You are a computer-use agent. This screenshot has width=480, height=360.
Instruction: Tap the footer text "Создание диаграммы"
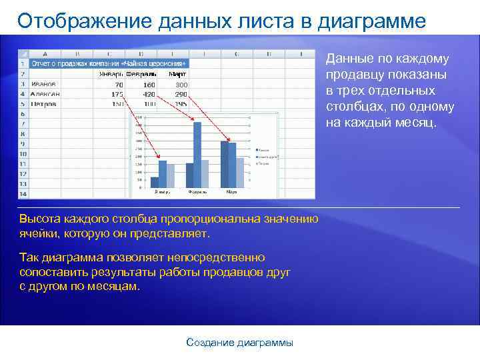click(x=239, y=343)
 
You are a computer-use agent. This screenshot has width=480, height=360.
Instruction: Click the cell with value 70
click(x=118, y=85)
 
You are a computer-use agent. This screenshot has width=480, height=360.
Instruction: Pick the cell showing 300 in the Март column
click(x=181, y=85)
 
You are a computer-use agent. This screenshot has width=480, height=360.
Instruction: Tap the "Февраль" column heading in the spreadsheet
click(x=141, y=74)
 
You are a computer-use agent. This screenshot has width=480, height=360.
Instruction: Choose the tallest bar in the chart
click(x=197, y=151)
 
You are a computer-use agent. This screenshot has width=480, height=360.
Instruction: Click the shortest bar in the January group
click(x=155, y=181)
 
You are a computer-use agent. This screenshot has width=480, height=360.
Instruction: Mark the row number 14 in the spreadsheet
click(x=23, y=193)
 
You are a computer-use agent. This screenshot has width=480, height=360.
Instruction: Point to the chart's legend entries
click(x=261, y=157)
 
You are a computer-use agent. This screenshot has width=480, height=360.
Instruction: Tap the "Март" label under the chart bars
click(x=231, y=192)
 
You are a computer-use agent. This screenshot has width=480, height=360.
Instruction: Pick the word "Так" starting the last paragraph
click(x=29, y=257)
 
